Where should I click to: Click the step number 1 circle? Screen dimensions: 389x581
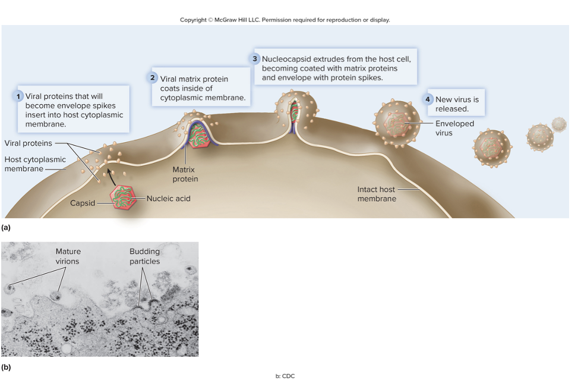18,96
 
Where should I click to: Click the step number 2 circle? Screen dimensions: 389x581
153,78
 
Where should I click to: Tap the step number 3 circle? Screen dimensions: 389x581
254,59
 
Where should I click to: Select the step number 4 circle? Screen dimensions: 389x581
428,99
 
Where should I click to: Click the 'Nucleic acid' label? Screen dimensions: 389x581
169,199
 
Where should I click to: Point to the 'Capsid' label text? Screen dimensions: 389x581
82,203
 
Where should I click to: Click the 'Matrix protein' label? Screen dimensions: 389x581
185,174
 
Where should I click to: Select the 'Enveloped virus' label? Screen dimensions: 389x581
454,128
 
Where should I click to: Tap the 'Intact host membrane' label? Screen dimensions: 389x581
376,194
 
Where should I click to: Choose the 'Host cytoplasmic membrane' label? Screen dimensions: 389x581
35,164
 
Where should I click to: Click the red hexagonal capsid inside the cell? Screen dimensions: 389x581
124,197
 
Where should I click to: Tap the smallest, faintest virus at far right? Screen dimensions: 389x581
559,124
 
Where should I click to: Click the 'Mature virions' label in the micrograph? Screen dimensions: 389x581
68,256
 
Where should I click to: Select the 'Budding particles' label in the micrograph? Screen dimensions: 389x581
144,256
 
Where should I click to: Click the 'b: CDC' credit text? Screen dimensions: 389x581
285,376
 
